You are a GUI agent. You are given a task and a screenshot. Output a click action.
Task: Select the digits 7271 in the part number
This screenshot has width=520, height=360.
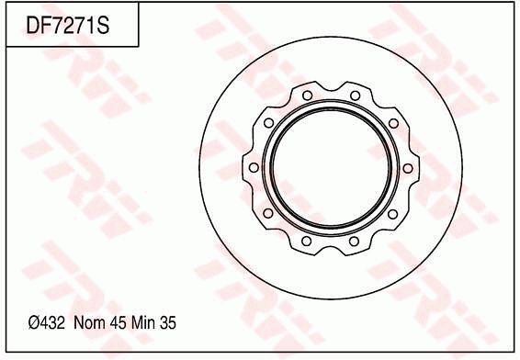click(75, 28)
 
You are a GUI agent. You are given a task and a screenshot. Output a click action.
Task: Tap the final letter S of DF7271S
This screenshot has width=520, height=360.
click(104, 28)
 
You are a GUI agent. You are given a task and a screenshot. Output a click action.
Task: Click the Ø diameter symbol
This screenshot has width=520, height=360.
click(34, 322)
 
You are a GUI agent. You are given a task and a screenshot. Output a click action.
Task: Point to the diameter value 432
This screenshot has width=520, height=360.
click(51, 322)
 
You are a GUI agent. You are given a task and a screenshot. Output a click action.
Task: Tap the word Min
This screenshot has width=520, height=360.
click(143, 322)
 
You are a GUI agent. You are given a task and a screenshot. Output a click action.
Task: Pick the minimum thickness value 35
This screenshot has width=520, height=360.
click(167, 322)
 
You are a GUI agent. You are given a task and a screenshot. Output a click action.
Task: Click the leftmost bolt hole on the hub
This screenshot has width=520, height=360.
click(252, 169)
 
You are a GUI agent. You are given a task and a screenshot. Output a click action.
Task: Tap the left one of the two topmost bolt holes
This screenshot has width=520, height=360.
click(306, 95)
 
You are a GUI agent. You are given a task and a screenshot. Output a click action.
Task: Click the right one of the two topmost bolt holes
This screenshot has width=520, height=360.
click(355, 95)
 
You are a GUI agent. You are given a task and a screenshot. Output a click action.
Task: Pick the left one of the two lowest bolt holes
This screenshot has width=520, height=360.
click(306, 243)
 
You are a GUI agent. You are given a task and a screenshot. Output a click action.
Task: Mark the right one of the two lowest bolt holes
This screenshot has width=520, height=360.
click(355, 243)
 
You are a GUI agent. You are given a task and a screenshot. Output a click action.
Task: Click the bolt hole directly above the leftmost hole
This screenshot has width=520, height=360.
click(267, 123)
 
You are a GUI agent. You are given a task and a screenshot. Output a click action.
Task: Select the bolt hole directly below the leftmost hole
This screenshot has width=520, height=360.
click(267, 215)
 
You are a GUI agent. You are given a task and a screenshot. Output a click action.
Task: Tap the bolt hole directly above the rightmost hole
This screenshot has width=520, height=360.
click(393, 123)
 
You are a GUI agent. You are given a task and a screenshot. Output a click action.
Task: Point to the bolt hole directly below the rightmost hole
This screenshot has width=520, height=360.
click(393, 215)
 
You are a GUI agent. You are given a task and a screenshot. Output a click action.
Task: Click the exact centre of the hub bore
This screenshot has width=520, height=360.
click(330, 169)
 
